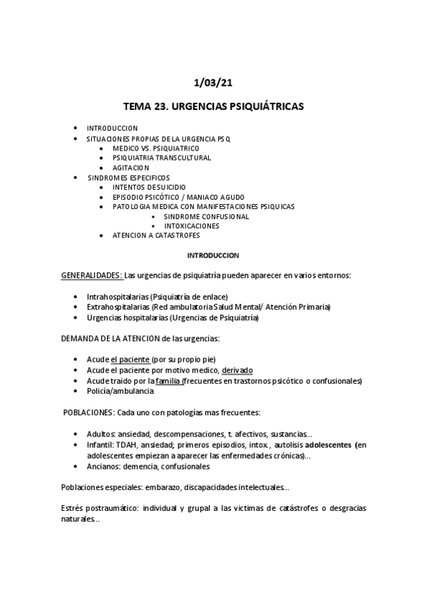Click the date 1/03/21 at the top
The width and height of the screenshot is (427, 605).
click(x=213, y=83)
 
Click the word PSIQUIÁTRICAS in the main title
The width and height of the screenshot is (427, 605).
click(x=262, y=107)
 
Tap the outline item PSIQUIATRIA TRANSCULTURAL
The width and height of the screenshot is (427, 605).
click(x=162, y=158)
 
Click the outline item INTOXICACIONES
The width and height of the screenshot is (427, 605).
click(x=192, y=226)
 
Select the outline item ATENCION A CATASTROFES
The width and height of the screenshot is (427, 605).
click(x=156, y=235)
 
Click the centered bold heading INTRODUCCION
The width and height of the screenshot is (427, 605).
click(x=213, y=255)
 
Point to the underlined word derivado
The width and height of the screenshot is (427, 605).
click(x=237, y=370)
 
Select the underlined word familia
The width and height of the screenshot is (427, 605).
click(x=168, y=381)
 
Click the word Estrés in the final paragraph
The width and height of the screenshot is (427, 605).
click(x=73, y=509)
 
